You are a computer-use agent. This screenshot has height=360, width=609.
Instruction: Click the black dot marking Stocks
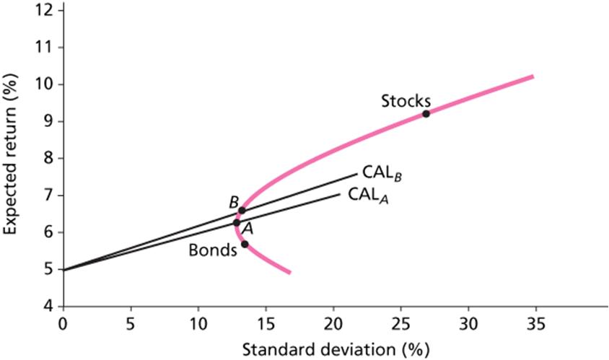[426, 113]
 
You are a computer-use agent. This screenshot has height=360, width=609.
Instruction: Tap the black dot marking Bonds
[245, 244]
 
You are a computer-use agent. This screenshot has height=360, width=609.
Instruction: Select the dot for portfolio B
[242, 211]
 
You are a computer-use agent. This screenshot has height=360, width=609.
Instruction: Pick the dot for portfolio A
[236, 223]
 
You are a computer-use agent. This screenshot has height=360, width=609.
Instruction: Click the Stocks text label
[406, 100]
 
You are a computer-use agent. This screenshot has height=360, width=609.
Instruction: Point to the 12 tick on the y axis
[47, 10]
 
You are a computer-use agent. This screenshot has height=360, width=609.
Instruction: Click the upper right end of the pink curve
[532, 76]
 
